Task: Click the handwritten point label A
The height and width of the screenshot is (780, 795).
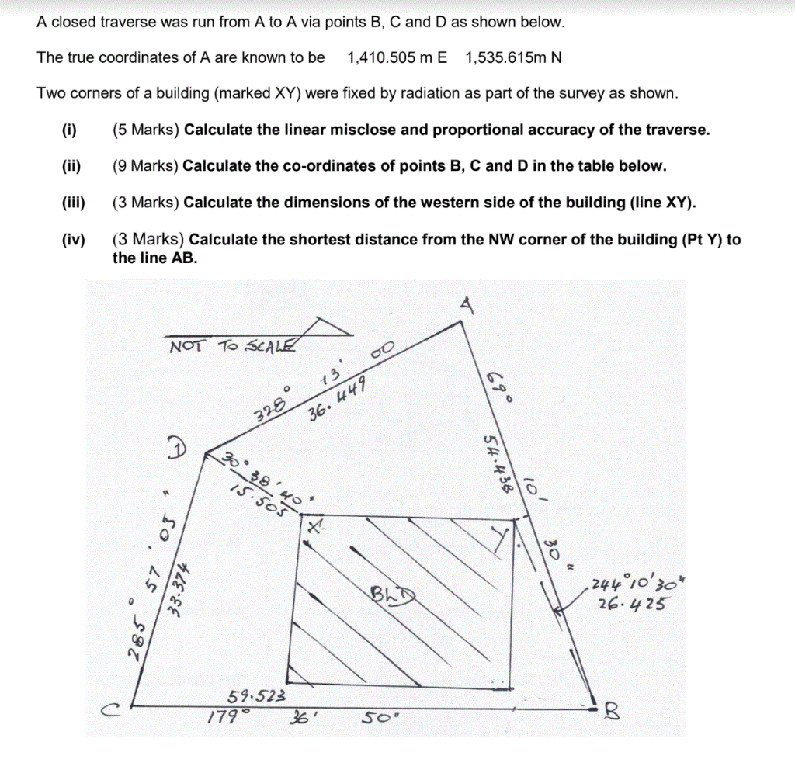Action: [466, 305]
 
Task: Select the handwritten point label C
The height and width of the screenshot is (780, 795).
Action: [114, 709]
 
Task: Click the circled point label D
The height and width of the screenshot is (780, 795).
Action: [178, 448]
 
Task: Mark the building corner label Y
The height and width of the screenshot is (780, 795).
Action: [505, 536]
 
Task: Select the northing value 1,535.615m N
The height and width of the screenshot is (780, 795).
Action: [514, 57]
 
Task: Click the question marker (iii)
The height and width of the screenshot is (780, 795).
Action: [73, 203]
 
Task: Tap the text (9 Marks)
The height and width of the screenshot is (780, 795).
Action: [146, 166]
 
